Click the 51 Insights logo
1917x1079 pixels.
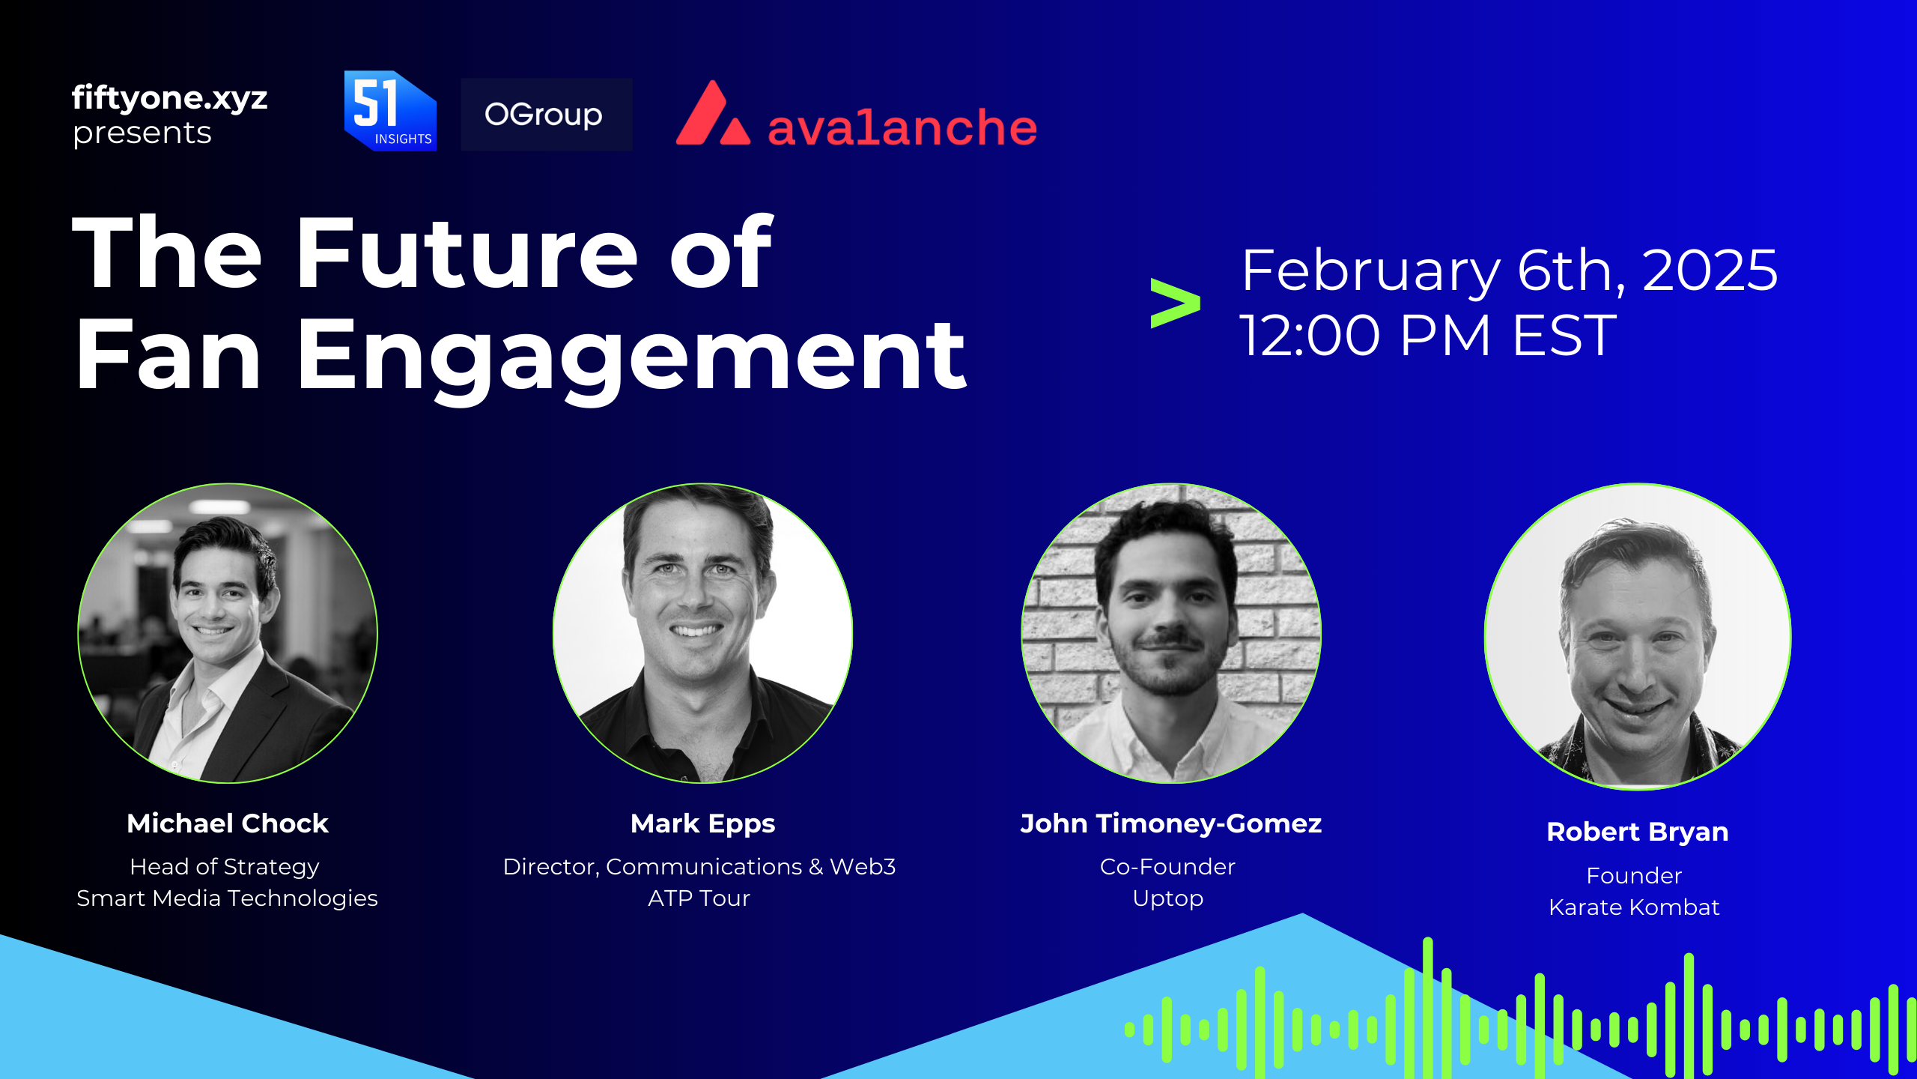coord(390,111)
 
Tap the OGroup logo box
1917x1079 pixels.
coord(546,115)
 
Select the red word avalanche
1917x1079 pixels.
coord(902,127)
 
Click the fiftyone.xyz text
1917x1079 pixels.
coord(170,98)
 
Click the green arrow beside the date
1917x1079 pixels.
coord(1175,303)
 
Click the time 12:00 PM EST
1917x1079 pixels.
coord(1428,335)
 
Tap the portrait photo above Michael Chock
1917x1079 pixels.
coord(228,633)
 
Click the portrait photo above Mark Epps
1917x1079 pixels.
coord(702,633)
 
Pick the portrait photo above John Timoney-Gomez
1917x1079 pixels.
coord(1171,633)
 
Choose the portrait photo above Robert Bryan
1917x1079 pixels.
coord(1638,637)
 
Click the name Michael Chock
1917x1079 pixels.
coord(228,823)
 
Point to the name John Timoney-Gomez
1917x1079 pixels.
coord(1171,824)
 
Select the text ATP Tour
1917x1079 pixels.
coord(699,898)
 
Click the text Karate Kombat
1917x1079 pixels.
coord(1634,907)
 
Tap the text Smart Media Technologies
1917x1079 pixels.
coord(227,898)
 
